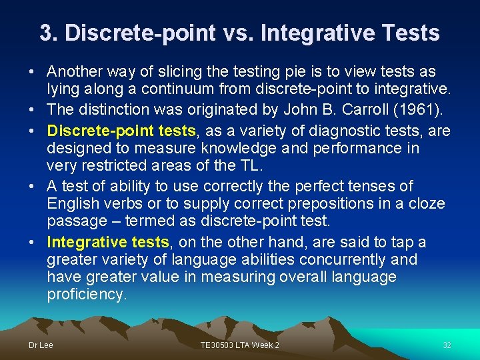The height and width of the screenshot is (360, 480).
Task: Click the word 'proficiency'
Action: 87,294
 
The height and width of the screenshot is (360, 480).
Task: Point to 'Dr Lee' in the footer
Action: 40,345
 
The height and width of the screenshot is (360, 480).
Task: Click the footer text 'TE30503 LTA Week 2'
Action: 239,345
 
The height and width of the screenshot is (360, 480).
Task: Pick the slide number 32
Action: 447,345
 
